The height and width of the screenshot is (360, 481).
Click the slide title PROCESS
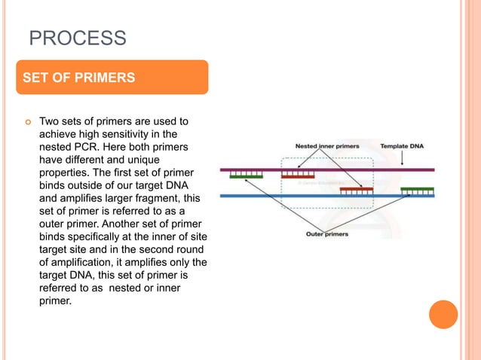coord(77,38)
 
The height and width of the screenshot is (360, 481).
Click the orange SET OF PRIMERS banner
coord(112,77)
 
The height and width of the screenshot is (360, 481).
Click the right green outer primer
coord(417,191)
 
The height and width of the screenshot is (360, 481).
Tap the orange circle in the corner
coord(443,314)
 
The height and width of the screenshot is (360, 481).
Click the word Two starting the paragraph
coord(49,121)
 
